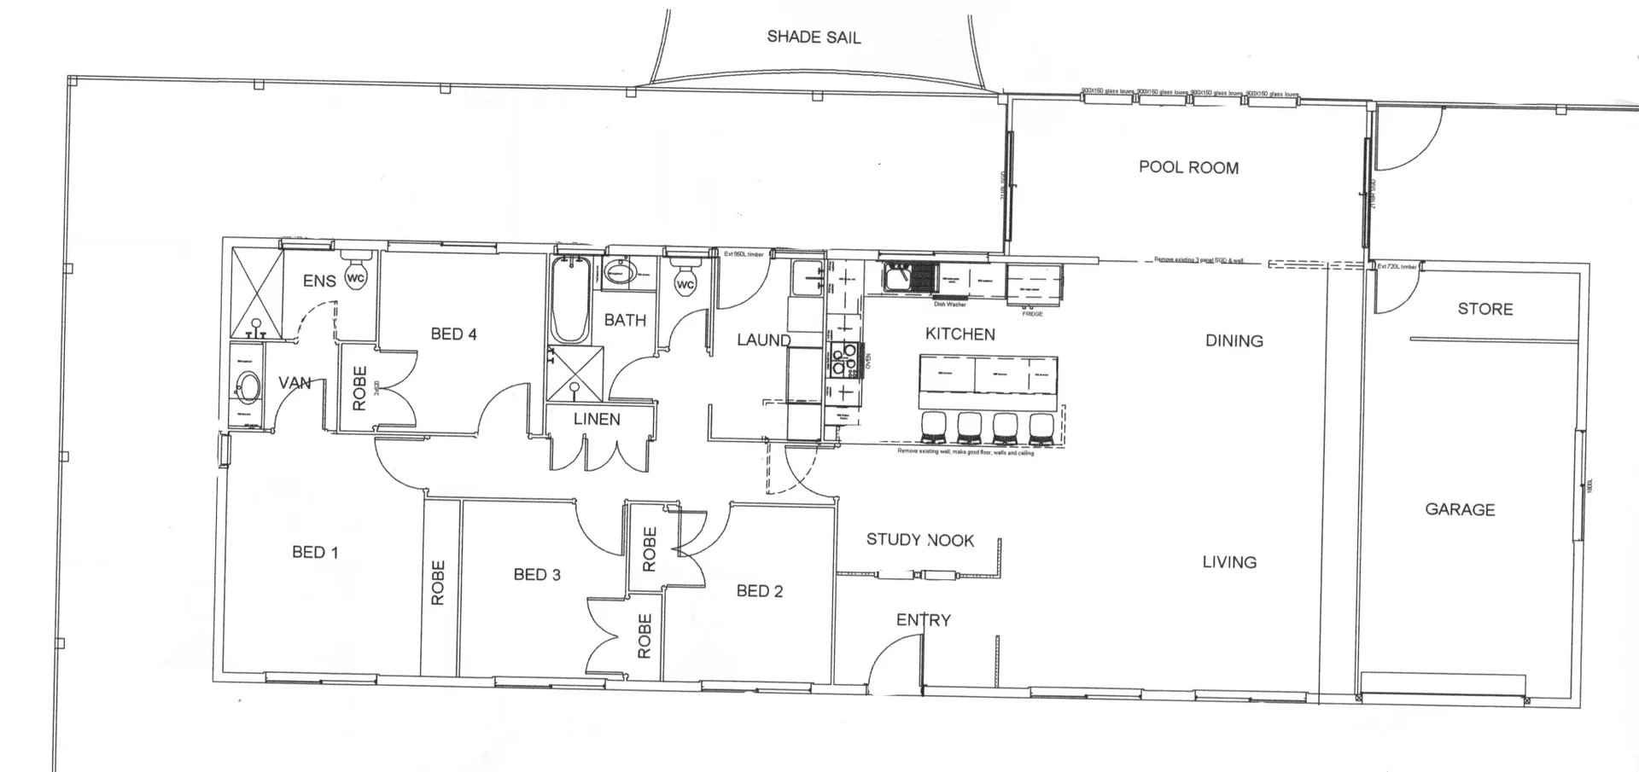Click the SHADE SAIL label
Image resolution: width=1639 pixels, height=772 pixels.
(814, 37)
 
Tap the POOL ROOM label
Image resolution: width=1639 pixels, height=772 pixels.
(1188, 167)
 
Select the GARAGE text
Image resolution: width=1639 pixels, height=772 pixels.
(1460, 509)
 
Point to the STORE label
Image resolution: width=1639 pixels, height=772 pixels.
(1484, 309)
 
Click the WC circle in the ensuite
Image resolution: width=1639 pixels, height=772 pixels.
(356, 277)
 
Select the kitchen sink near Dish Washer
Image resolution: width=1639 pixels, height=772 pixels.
(898, 278)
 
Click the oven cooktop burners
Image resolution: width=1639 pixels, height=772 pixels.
(844, 360)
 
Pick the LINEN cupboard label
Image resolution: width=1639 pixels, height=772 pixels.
(597, 419)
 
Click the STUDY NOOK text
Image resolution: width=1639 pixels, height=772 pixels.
(919, 539)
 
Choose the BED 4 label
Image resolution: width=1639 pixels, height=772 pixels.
(453, 334)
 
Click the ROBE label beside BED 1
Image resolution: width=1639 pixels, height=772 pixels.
(438, 582)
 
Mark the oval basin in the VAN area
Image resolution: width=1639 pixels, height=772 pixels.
(248, 387)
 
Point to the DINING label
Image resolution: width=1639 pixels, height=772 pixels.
(1234, 340)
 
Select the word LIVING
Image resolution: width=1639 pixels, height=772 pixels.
(1229, 561)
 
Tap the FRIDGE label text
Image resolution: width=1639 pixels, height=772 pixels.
(1032, 314)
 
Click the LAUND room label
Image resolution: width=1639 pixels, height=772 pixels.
(763, 340)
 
